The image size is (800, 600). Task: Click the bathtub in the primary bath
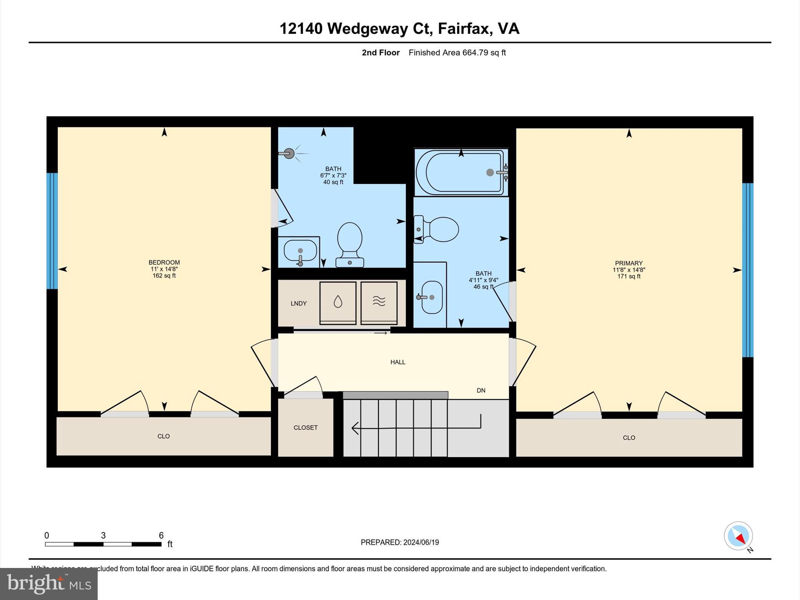(x=461, y=172)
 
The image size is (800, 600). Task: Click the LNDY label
(x=298, y=304)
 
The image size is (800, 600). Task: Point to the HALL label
(x=398, y=362)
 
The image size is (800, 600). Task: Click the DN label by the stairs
(x=481, y=390)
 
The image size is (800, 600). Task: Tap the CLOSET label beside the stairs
(x=305, y=428)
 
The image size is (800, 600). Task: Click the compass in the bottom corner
(x=738, y=536)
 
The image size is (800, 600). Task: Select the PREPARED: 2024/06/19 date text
(x=400, y=542)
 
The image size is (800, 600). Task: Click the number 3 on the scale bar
(x=103, y=536)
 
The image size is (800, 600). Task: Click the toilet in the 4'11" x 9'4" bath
(x=439, y=229)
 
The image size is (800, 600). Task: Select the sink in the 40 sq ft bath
(x=300, y=251)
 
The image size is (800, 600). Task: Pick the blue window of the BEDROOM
(x=52, y=231)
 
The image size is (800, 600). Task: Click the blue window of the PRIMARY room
(x=747, y=270)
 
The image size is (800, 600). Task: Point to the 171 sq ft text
(x=629, y=277)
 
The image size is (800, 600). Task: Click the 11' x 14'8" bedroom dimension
(x=164, y=269)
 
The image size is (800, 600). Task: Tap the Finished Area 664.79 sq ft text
(x=457, y=53)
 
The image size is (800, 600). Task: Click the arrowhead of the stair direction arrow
(x=355, y=428)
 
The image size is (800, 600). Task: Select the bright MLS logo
(x=49, y=584)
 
